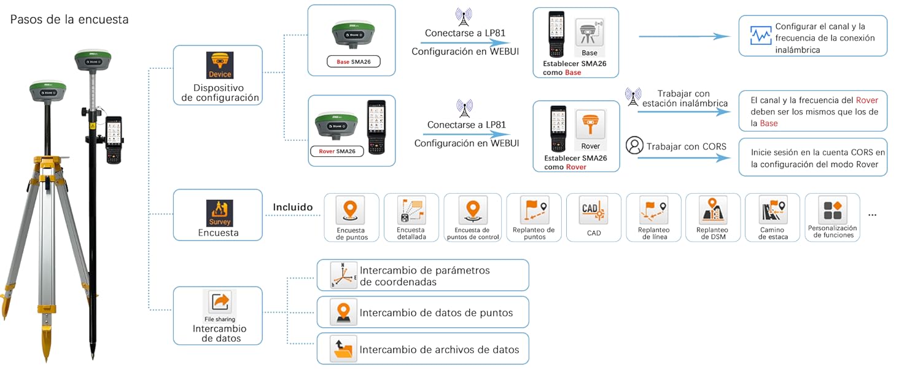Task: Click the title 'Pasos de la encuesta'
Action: click(x=69, y=20)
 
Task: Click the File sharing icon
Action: click(x=220, y=303)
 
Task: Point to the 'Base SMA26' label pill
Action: click(x=352, y=62)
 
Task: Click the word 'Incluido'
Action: click(x=293, y=208)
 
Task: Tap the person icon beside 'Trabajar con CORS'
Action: click(x=634, y=146)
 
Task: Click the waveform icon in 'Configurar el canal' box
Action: click(x=761, y=36)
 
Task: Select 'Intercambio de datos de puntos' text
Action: click(x=436, y=312)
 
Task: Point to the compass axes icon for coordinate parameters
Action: click(x=343, y=275)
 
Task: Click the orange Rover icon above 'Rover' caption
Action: click(x=590, y=125)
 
